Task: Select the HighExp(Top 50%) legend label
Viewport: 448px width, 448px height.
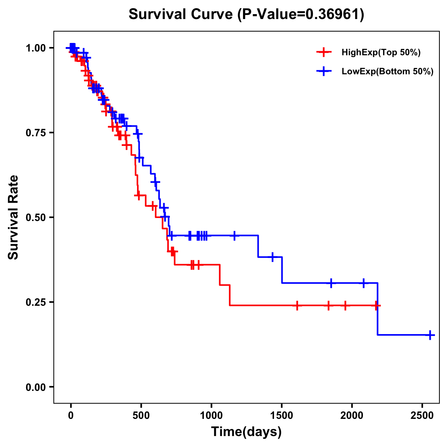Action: coord(381,53)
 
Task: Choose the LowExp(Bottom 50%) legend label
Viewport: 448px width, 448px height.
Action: coord(388,72)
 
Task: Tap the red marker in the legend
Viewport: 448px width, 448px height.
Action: coord(324,53)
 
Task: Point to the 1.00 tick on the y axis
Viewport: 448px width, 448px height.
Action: coord(36,48)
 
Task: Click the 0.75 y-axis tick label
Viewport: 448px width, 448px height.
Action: coord(36,133)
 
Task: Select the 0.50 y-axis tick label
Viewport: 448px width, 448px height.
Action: coord(36,217)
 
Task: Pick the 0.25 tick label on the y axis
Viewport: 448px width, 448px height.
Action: coord(36,302)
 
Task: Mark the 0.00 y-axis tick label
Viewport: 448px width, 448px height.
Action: coord(36,387)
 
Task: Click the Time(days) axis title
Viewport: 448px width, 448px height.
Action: coord(246,432)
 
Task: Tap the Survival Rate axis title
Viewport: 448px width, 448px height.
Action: coord(13,217)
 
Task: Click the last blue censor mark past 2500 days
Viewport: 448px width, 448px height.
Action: coord(430,335)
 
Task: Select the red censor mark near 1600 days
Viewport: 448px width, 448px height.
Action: coord(297,305)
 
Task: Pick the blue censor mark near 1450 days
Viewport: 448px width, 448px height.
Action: coord(273,257)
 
